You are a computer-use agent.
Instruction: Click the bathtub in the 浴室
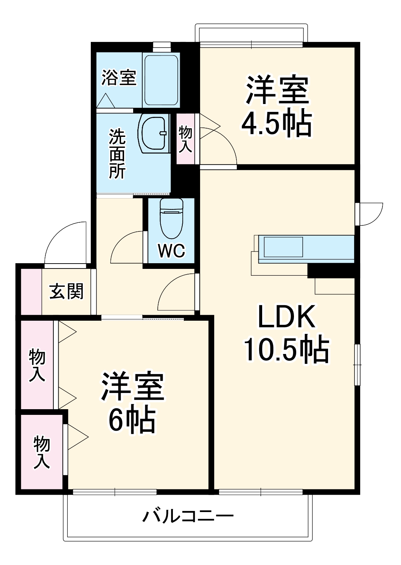pos(161,81)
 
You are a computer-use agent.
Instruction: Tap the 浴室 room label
pos(118,78)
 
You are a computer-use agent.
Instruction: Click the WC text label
pos(171,250)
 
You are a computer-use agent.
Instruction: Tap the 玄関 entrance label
pos(67,291)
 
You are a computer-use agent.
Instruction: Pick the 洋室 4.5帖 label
pos(277,106)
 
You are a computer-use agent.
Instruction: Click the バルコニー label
pos(188,516)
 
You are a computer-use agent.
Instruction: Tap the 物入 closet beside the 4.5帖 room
pos(185,139)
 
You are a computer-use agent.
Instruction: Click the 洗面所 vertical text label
pos(117,154)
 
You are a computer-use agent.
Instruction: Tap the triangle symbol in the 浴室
pos(105,101)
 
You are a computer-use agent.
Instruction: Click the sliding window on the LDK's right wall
pos(357,365)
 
